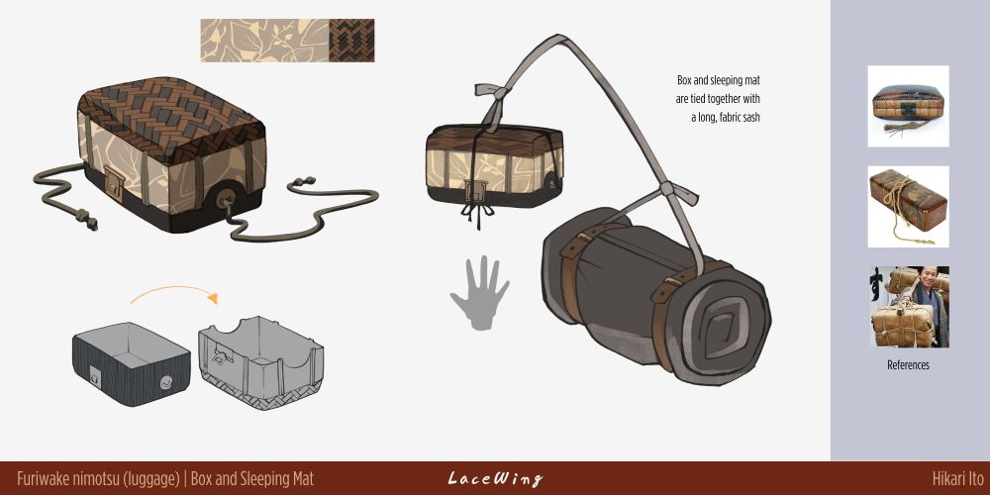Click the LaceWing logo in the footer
(x=495, y=478)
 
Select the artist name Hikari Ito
(x=957, y=478)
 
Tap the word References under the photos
(x=908, y=365)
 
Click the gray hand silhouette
(x=479, y=292)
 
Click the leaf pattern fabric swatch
(x=264, y=41)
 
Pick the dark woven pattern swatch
(x=351, y=41)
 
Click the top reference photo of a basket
(x=908, y=106)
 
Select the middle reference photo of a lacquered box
(x=908, y=207)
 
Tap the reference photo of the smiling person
(x=908, y=307)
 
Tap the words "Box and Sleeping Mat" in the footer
(x=252, y=478)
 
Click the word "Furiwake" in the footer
(x=42, y=478)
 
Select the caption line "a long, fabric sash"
(x=726, y=118)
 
